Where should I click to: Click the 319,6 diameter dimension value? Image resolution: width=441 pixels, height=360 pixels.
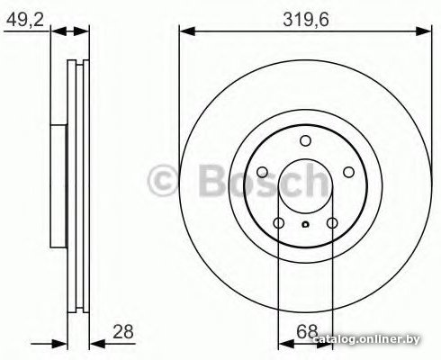coord(306,20)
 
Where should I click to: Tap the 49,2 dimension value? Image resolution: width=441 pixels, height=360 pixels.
coord(25,20)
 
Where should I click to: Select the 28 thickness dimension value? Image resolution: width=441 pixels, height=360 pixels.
coord(123,332)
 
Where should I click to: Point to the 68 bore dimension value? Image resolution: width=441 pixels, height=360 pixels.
coord(307,332)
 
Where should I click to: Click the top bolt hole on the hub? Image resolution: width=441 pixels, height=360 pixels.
coord(305,140)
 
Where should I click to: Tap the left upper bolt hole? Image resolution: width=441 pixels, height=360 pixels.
coord(262,172)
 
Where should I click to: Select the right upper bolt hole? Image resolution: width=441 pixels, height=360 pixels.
coord(348,172)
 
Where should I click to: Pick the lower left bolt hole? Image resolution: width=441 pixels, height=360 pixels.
coord(279,223)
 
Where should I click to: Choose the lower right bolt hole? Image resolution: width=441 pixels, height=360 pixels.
coord(332,223)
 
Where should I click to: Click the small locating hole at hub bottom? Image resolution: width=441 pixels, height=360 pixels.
coord(305,224)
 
